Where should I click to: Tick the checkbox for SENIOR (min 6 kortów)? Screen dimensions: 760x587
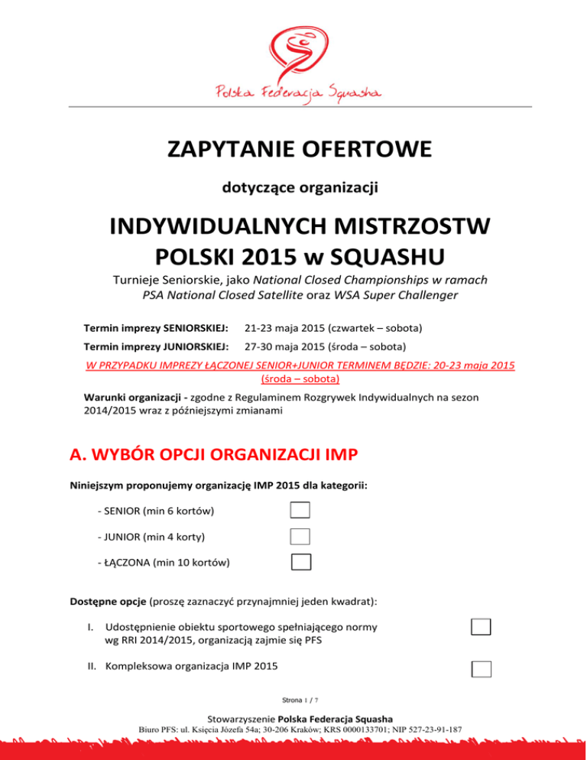300,510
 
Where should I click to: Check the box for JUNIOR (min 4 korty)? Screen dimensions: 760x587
300,536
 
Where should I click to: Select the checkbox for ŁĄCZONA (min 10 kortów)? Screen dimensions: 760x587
301,562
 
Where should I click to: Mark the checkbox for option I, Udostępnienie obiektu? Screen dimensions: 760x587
481,628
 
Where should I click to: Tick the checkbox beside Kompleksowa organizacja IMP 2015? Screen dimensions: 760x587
481,668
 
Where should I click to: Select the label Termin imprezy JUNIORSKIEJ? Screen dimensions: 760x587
155,346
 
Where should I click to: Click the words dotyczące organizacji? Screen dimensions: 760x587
293,186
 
